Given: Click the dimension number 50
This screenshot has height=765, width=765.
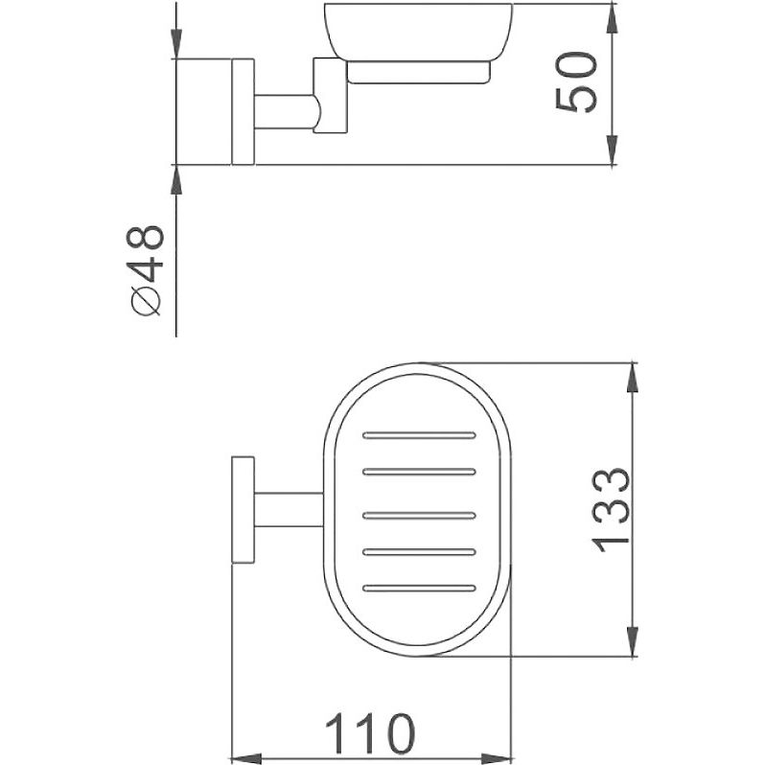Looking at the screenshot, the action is [576, 82].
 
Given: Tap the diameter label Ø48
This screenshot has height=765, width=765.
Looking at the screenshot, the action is [145, 270].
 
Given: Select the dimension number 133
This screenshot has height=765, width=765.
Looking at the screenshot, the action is [611, 510].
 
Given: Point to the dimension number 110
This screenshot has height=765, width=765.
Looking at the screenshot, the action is [370, 733].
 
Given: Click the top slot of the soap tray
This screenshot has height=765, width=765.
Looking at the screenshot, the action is [419, 434].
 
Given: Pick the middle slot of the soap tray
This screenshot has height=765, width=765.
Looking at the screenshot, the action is [419, 515].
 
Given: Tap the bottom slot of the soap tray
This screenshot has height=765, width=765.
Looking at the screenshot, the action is [419, 588].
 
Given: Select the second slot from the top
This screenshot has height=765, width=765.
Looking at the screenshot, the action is [419, 472].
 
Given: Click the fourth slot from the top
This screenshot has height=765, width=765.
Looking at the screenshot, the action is [419, 552].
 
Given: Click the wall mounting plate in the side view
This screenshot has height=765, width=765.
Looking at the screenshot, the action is [243, 112].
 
